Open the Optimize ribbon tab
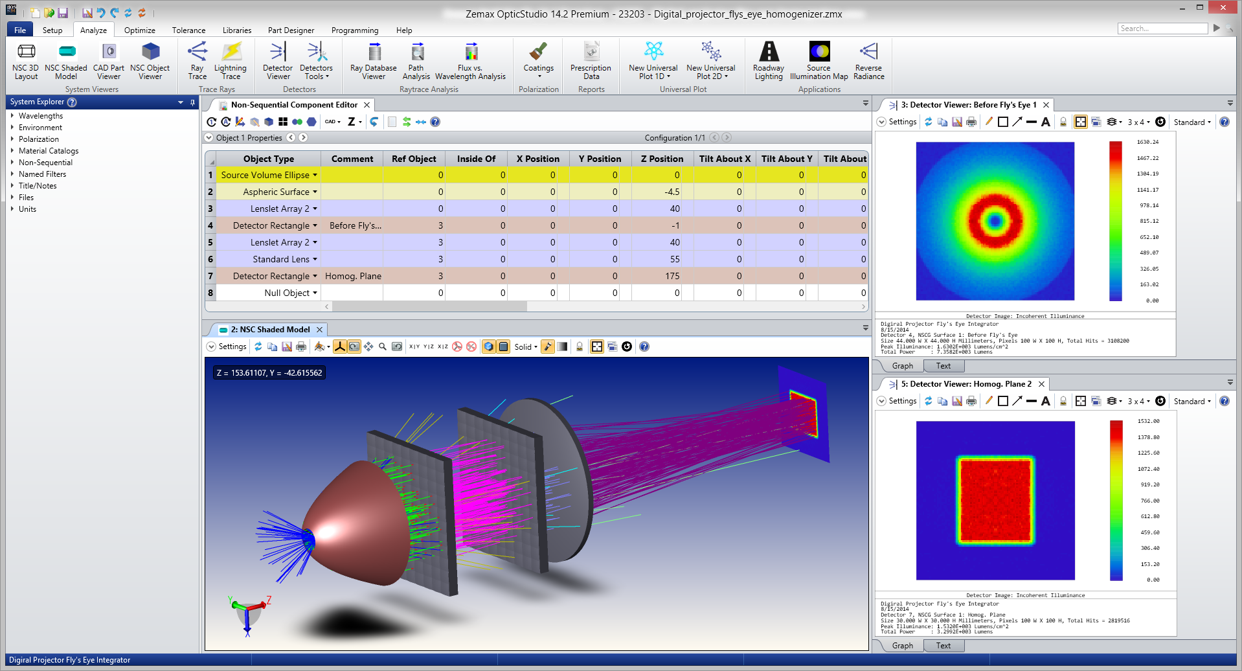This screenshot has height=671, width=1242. click(x=139, y=30)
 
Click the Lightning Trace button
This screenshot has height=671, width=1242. click(x=231, y=61)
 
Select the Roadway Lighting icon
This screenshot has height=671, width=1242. click(x=769, y=61)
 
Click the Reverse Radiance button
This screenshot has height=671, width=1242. click(x=868, y=61)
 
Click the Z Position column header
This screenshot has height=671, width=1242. click(x=662, y=159)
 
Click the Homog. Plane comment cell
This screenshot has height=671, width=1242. click(x=353, y=276)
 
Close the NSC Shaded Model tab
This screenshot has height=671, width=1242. click(x=319, y=330)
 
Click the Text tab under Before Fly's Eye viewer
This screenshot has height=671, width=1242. click(x=943, y=366)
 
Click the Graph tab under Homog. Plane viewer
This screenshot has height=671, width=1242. click(x=902, y=646)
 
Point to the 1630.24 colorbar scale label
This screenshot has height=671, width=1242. click(x=1147, y=142)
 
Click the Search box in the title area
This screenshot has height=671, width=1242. click(x=1162, y=28)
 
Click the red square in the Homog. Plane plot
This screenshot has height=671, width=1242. click(x=995, y=500)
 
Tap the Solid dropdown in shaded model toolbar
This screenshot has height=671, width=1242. click(x=526, y=347)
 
